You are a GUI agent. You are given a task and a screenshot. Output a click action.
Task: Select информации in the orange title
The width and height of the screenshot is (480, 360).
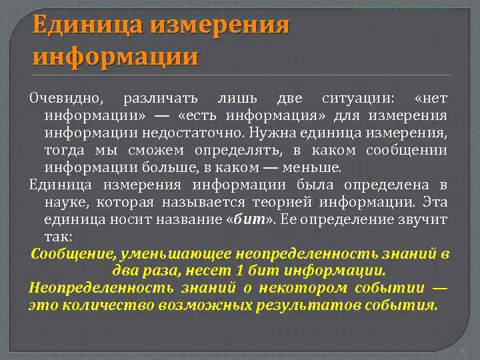115,55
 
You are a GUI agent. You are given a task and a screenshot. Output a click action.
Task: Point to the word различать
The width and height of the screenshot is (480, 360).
160,99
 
